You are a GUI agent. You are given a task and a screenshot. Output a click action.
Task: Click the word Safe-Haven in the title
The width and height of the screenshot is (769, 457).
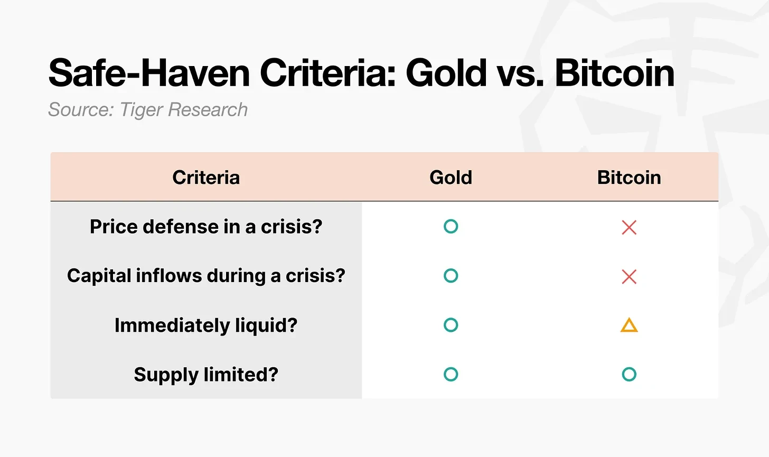tap(149, 73)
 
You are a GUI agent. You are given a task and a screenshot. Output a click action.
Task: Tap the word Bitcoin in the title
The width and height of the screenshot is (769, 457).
tap(614, 73)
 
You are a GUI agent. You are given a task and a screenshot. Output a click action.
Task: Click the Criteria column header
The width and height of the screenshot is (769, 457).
tap(206, 178)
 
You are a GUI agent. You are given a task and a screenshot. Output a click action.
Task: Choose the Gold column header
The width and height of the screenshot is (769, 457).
tap(451, 178)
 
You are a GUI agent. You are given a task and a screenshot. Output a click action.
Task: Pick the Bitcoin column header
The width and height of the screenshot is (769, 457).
tap(629, 178)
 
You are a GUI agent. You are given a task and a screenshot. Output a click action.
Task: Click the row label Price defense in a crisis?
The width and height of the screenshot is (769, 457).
tap(206, 227)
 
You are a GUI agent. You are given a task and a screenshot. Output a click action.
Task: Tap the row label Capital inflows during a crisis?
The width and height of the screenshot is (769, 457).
tap(206, 276)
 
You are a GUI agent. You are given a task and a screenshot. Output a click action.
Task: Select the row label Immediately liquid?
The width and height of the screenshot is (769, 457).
tap(206, 325)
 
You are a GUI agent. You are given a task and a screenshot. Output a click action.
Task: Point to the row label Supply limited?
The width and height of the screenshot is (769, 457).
tap(206, 375)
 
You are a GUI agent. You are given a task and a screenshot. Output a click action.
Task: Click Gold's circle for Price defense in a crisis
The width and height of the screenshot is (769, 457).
tap(451, 227)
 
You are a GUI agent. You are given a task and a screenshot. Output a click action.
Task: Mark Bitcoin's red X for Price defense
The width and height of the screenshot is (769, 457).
tap(629, 228)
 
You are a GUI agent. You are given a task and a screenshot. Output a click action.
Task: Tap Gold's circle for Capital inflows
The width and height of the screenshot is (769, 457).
tap(451, 276)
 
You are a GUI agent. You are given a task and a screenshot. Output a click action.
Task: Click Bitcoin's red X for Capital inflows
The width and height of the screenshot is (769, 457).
tap(629, 277)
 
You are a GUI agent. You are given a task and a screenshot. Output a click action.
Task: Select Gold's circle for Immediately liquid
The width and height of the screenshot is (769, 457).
tap(451, 325)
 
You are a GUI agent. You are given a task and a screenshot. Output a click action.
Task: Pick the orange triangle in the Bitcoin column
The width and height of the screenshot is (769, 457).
tap(629, 325)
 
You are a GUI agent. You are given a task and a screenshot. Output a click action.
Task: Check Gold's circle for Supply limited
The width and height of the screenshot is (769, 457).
tap(451, 375)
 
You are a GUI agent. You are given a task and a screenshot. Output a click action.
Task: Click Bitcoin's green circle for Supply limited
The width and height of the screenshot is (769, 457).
tap(629, 375)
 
